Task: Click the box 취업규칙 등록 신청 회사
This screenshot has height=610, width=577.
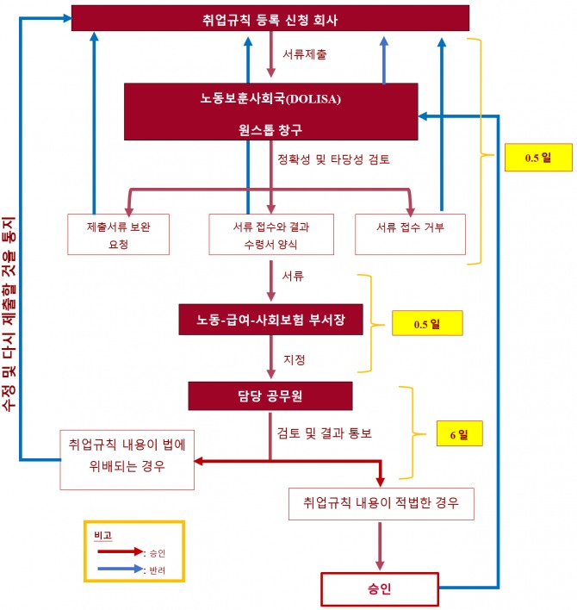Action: click(x=270, y=17)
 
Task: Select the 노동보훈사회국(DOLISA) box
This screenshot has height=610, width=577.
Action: click(x=270, y=111)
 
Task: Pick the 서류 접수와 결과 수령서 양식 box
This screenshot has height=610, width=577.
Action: click(x=270, y=234)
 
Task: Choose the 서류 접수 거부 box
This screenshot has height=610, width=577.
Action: click(x=409, y=227)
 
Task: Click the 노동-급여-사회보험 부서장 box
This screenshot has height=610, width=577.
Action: click(x=270, y=320)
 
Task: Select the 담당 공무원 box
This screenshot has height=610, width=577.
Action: click(x=270, y=395)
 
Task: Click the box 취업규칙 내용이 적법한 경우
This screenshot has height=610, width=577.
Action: click(x=382, y=502)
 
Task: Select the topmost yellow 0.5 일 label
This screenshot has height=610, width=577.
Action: click(x=537, y=158)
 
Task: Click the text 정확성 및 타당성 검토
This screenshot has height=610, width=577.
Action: click(x=332, y=159)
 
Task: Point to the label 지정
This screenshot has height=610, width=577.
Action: click(x=294, y=358)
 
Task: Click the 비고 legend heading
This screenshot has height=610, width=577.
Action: click(x=102, y=535)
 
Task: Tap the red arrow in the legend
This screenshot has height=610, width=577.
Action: click(x=120, y=552)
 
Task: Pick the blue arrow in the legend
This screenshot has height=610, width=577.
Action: click(x=120, y=569)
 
